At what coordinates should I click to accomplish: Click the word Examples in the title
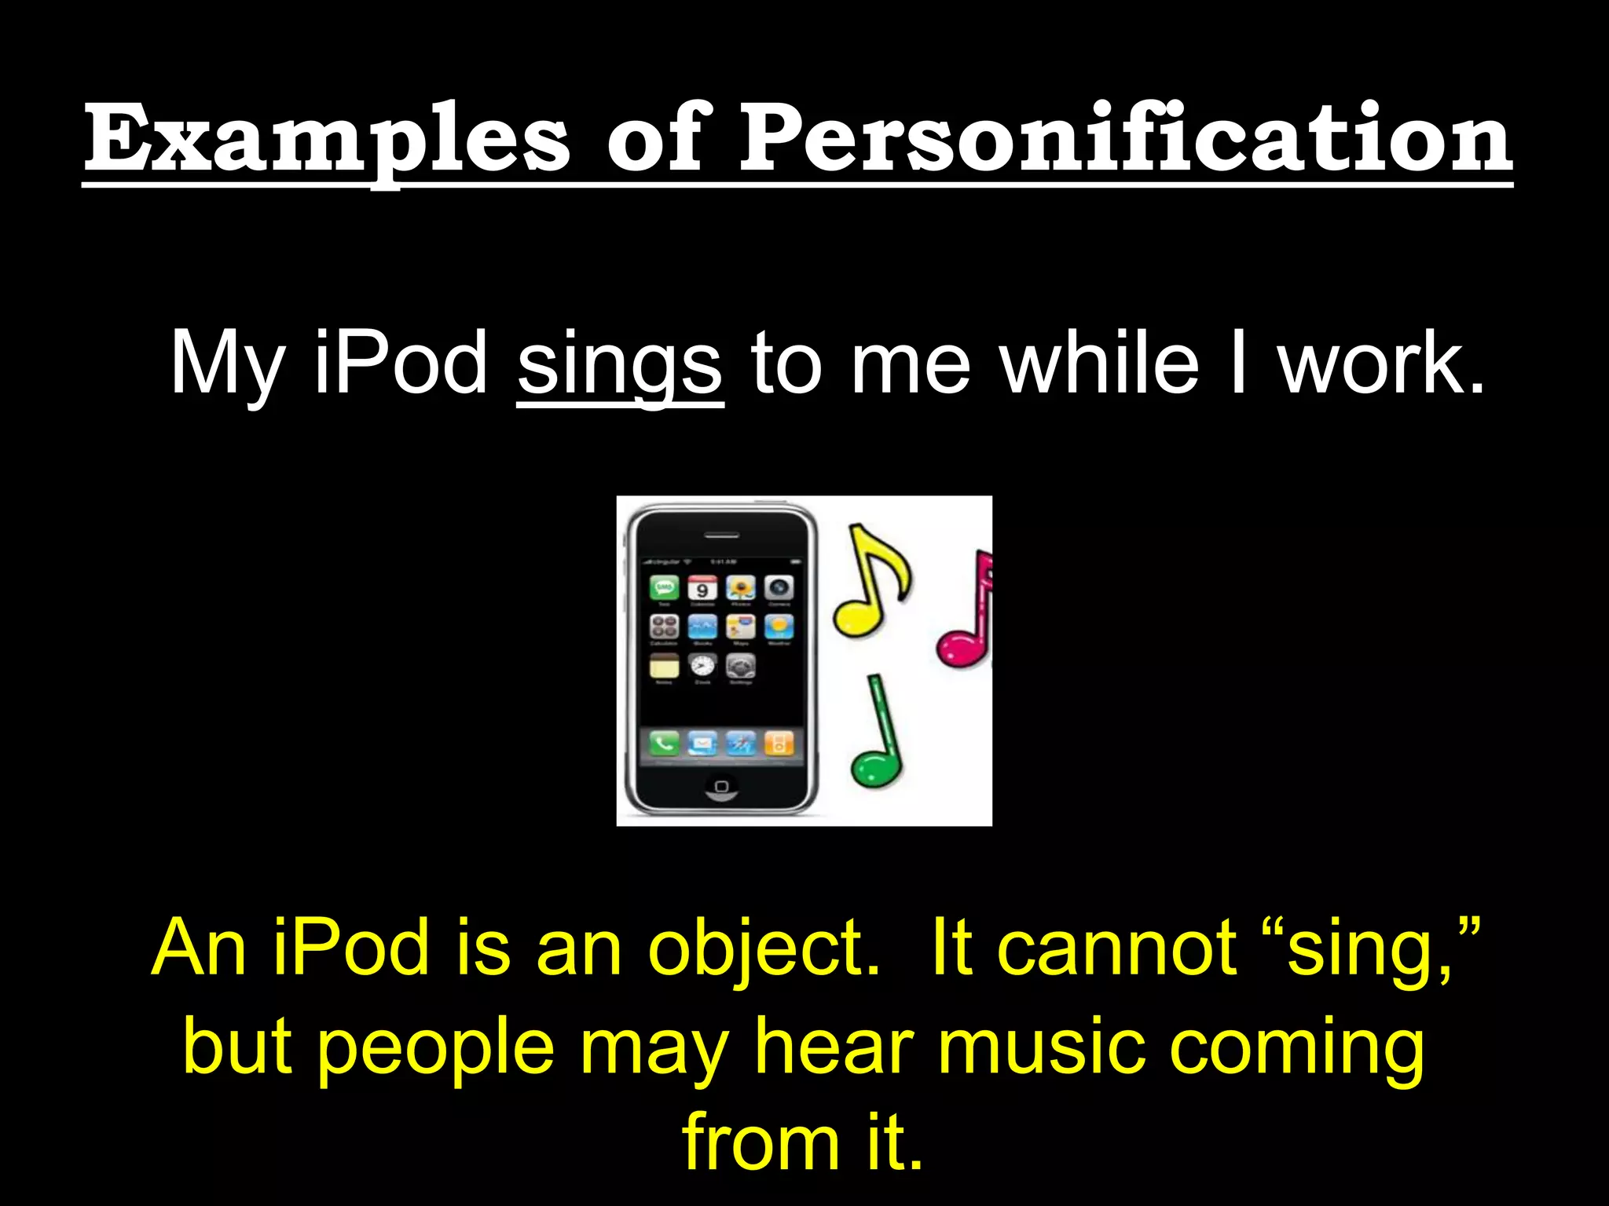tap(326, 140)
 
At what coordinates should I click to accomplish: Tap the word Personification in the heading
tap(1125, 140)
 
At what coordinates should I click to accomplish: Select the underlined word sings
tap(620, 364)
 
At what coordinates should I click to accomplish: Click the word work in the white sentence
tap(1380, 363)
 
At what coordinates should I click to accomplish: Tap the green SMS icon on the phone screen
tap(665, 587)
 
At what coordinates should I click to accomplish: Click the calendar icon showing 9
tap(702, 587)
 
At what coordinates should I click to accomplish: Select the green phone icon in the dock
tap(664, 742)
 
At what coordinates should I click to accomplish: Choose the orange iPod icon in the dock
tap(779, 742)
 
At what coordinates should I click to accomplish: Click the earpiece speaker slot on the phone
tap(721, 535)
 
